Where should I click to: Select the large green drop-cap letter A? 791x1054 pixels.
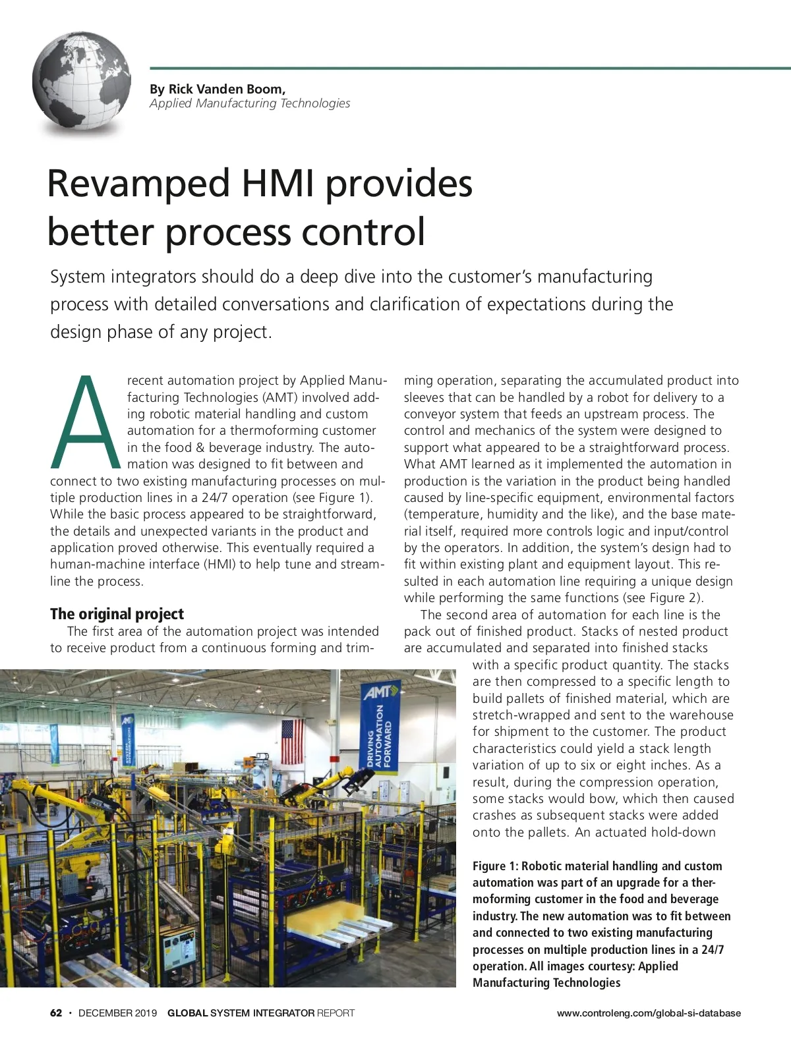click(85, 421)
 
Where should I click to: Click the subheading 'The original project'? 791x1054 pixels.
click(117, 614)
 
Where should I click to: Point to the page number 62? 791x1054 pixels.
click(56, 1013)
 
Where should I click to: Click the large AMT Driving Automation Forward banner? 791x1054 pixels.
click(381, 725)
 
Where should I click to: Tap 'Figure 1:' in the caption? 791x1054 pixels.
click(495, 866)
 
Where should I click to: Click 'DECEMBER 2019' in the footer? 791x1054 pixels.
click(117, 1013)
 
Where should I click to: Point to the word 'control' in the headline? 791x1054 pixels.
click(363, 233)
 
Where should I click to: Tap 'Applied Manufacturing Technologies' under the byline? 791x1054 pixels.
click(250, 103)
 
